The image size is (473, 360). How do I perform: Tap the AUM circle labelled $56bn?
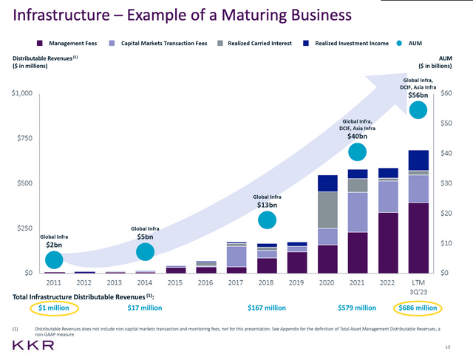pos(418,109)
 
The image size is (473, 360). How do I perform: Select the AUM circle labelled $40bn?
pos(358,152)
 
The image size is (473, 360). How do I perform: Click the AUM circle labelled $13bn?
pos(268,220)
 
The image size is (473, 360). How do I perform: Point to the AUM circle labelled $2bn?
pos(53,259)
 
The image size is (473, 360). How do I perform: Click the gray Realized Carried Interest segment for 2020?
pos(327,210)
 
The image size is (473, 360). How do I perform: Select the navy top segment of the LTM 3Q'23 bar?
pos(418,160)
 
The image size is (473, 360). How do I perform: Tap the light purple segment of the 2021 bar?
pos(358,212)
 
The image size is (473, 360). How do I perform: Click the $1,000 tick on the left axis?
pos(21,93)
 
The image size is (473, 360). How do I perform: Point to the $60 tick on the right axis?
pos(446,93)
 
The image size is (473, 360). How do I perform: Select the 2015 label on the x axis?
pos(175,282)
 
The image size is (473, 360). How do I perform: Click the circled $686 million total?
pos(418,308)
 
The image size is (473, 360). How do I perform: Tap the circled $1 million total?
pos(53,308)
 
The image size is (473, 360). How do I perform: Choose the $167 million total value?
pos(267,308)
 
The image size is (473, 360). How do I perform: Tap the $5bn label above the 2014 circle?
pos(145,237)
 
